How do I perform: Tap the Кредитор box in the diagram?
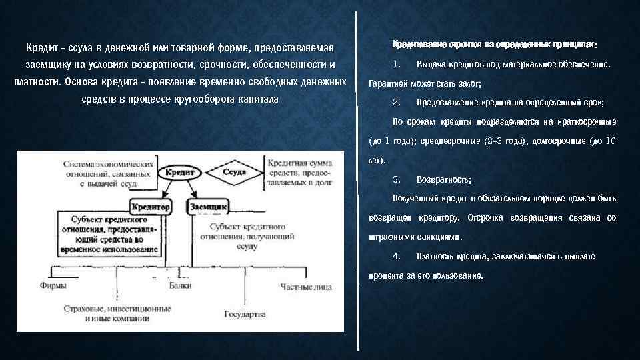click(x=151, y=207)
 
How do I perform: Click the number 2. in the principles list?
click(x=396, y=103)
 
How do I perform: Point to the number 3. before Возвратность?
click(x=396, y=179)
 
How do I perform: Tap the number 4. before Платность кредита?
click(x=396, y=256)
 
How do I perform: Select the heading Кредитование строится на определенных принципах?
click(x=494, y=45)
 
